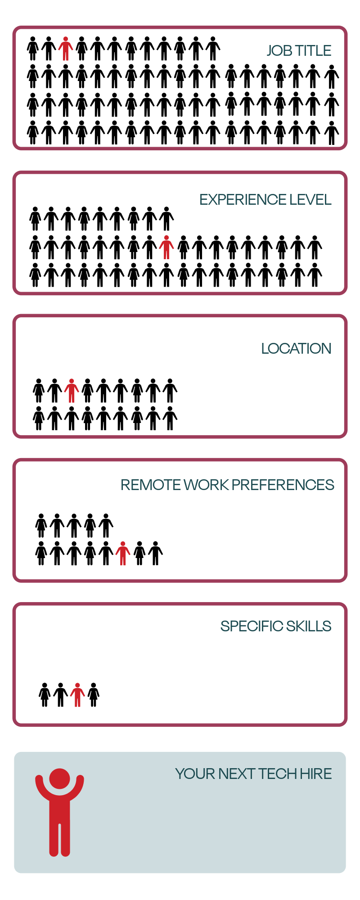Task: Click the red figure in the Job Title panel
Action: coord(66,49)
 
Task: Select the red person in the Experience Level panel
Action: coord(166,247)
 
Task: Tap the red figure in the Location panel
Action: coord(72,391)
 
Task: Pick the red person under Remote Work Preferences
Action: coord(123,553)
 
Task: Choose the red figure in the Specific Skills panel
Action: coord(77,695)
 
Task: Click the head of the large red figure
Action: coord(60,778)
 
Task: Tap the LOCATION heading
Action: coord(296,349)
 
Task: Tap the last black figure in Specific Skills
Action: coord(94,695)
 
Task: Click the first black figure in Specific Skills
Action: coord(45,695)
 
